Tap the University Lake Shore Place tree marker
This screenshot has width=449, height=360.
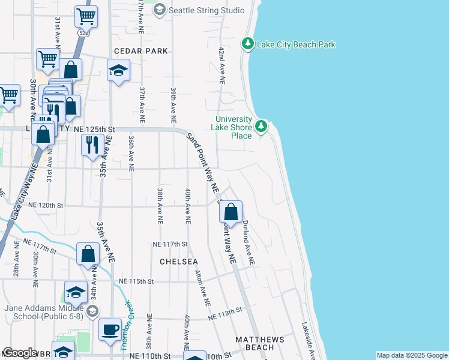[x=261, y=126]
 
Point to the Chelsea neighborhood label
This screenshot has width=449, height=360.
[x=179, y=262]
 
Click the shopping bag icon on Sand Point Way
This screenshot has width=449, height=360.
[x=231, y=212]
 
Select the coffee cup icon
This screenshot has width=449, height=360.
[x=110, y=329]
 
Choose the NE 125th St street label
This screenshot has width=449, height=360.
[x=94, y=129]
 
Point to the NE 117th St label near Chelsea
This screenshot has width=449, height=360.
[x=170, y=244]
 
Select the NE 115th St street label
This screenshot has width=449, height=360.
[x=137, y=281]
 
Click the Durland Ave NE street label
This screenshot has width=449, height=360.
[x=248, y=242]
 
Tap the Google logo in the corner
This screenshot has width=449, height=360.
[x=20, y=352]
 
